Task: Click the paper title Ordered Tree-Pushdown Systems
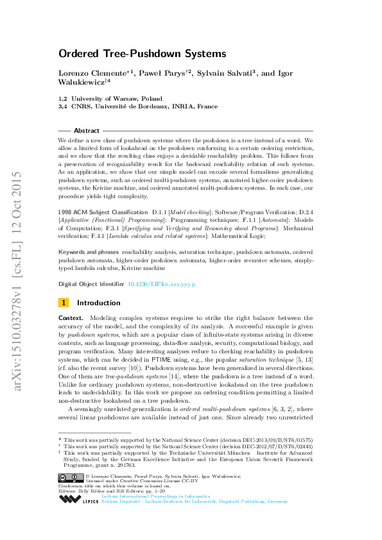pyautogui.click(x=143, y=54)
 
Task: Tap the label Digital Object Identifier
pyautogui.click(x=91, y=283)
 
